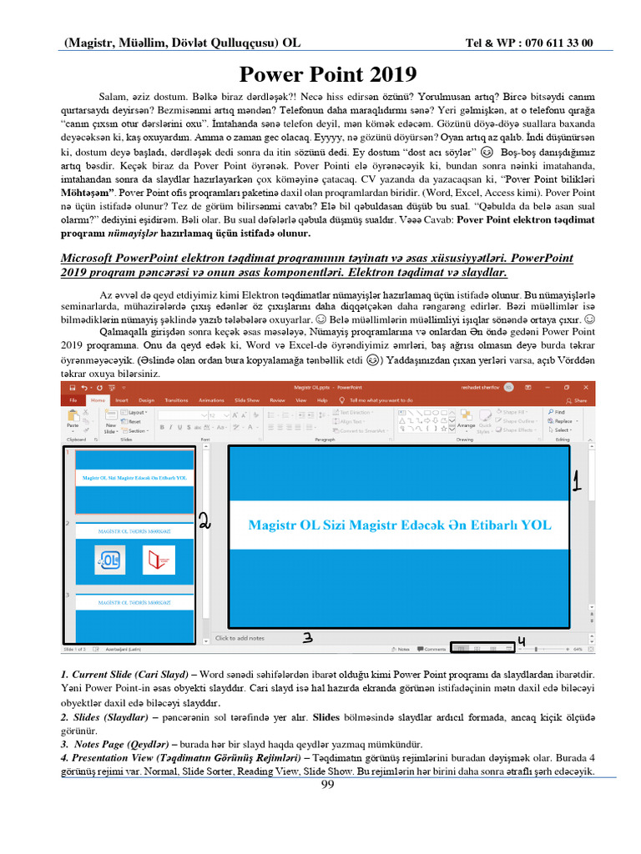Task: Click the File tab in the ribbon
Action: (x=73, y=400)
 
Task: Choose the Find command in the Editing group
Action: (x=558, y=412)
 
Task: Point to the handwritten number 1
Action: (x=575, y=480)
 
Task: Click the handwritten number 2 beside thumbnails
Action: (x=205, y=520)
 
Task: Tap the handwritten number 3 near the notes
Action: (x=307, y=638)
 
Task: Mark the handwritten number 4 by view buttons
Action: (x=522, y=640)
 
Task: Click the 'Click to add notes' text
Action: (x=240, y=638)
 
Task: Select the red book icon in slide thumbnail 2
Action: (x=159, y=560)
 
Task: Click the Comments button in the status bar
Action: (x=432, y=648)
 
